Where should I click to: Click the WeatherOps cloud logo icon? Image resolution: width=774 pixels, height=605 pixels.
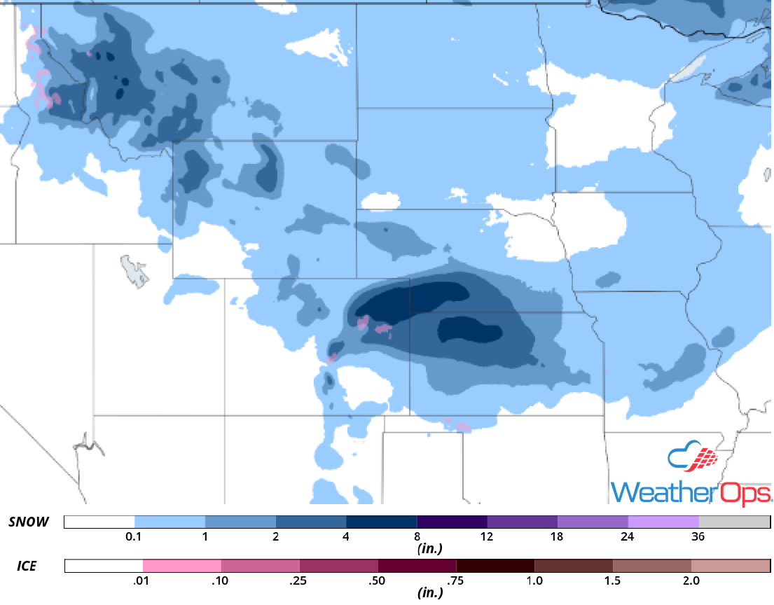pyautogui.click(x=693, y=459)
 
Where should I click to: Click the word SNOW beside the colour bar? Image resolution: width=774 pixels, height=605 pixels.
pyautogui.click(x=29, y=522)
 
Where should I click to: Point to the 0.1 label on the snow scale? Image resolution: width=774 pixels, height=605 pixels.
pyautogui.click(x=134, y=537)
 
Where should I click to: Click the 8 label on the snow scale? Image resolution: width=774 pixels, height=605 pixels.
pyautogui.click(x=417, y=537)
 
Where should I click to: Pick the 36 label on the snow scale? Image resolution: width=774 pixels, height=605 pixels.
pyautogui.click(x=698, y=537)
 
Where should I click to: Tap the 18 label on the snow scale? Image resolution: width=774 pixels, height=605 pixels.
pyautogui.click(x=558, y=537)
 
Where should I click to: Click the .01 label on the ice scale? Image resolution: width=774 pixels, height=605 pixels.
pyautogui.click(x=143, y=580)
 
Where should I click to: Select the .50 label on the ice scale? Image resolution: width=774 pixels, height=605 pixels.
pyautogui.click(x=378, y=580)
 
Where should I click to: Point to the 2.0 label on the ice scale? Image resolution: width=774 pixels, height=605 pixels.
pyautogui.click(x=691, y=580)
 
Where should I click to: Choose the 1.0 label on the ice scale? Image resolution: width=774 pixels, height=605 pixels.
pyautogui.click(x=534, y=580)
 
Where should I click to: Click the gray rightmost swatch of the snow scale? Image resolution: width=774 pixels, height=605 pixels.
pyautogui.click(x=734, y=522)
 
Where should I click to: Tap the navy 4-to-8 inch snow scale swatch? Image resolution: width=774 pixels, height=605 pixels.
pyautogui.click(x=382, y=522)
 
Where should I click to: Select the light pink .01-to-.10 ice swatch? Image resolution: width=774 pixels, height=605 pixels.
pyautogui.click(x=182, y=566)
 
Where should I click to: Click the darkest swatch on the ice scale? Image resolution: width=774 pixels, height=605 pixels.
pyautogui.click(x=495, y=566)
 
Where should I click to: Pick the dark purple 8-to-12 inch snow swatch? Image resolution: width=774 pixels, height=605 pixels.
pyautogui.click(x=452, y=522)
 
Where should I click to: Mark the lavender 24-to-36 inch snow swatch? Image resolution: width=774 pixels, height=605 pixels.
pyautogui.click(x=663, y=522)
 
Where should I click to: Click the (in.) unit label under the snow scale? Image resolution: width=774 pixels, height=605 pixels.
pyautogui.click(x=428, y=550)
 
